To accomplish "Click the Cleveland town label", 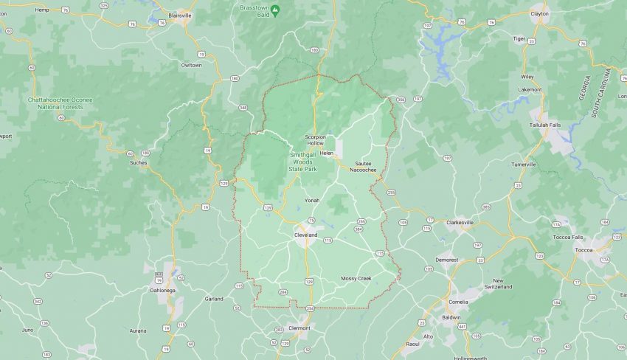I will (305, 235).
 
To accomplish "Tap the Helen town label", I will (327, 153).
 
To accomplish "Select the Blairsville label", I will (179, 14).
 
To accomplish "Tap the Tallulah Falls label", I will (545, 125).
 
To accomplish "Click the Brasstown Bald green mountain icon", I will (275, 10).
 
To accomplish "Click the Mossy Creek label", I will (356, 278).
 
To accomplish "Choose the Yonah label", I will (312, 200).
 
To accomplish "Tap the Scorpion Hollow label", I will (319, 140).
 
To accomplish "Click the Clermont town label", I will (299, 327).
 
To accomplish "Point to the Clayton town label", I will (539, 13).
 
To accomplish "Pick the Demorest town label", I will (447, 260).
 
